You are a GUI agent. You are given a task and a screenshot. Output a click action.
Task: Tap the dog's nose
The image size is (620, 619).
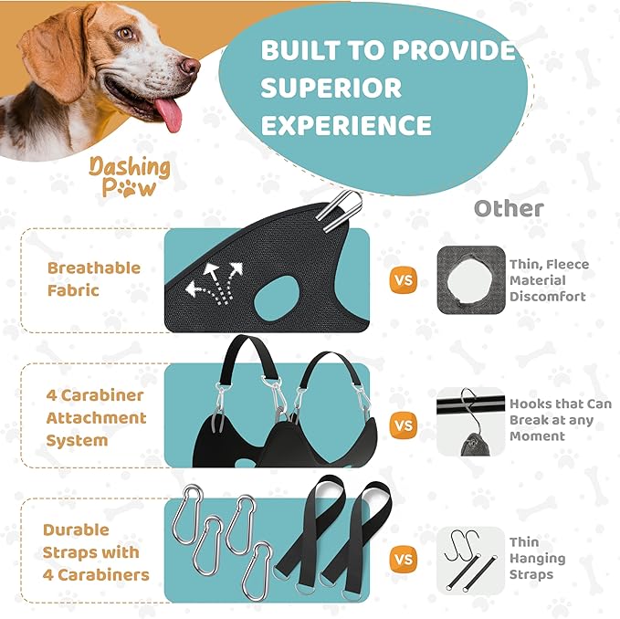tap(188, 66)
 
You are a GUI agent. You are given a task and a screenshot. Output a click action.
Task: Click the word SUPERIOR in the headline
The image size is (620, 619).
tap(331, 88)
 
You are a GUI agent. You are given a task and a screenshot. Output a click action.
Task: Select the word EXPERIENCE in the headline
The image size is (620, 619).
tap(346, 124)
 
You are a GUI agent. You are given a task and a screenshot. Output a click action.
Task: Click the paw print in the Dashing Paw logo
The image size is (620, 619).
tap(142, 188)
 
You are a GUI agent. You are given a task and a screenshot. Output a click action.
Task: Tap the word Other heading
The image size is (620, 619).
tap(508, 209)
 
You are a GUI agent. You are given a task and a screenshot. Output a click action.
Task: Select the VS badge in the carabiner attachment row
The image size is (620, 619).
tap(403, 425)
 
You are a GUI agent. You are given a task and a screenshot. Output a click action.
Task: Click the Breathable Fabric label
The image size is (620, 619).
tap(94, 278)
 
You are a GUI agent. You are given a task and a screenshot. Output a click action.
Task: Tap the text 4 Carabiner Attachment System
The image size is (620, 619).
tap(96, 417)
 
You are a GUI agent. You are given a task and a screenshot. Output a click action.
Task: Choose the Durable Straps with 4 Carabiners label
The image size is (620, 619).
tap(96, 552)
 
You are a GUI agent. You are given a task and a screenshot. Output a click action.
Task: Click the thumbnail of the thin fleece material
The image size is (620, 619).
tap(470, 280)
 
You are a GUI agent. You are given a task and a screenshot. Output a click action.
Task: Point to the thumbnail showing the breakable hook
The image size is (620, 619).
tap(470, 422)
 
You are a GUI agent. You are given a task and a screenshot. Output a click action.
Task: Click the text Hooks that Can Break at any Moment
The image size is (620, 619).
tap(561, 420)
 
